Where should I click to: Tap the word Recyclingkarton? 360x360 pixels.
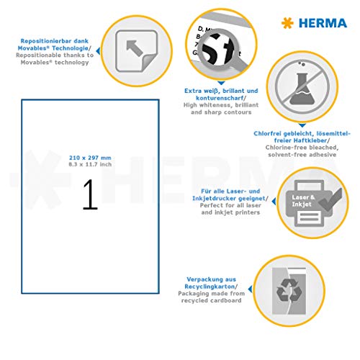point(210,284)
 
